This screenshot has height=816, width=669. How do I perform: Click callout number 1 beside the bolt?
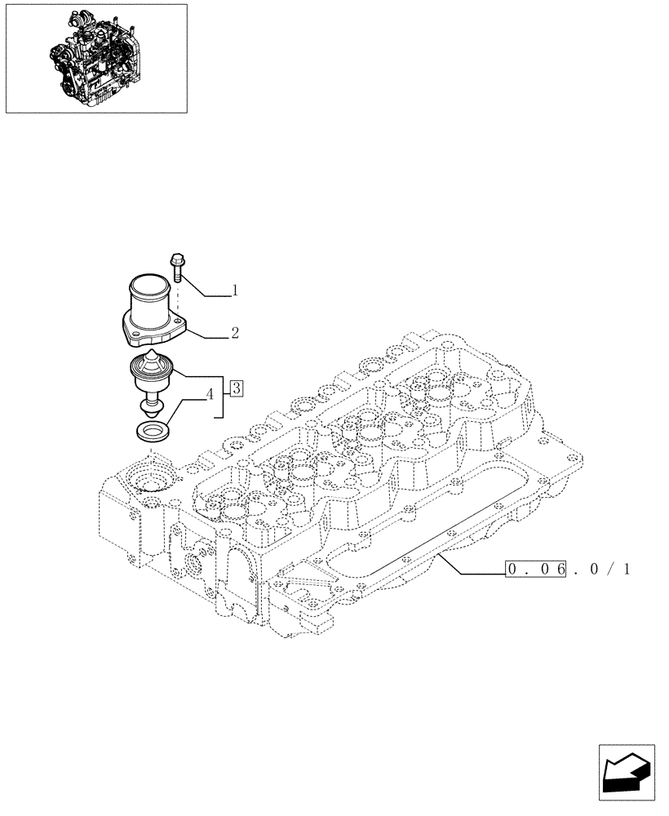[x=235, y=290]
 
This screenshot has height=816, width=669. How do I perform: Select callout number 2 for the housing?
[x=235, y=333]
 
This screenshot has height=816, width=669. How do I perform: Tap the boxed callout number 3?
[x=235, y=388]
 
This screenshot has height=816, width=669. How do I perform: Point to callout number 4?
[x=210, y=394]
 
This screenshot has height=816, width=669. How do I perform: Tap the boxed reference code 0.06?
[x=536, y=570]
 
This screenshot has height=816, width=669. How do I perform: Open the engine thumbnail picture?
[x=95, y=58]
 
